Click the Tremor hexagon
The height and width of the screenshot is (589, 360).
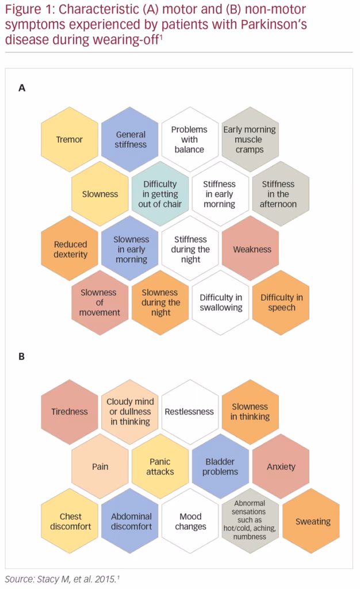[70, 139]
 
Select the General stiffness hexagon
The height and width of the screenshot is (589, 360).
[130, 139]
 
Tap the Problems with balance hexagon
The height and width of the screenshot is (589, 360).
[190, 139]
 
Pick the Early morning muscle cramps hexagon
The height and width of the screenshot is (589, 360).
[250, 139]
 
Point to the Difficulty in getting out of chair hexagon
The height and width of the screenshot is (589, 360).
[160, 194]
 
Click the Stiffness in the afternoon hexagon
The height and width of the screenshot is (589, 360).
[281, 194]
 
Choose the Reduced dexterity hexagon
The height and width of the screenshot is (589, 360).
[70, 248]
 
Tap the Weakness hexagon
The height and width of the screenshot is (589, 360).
[250, 248]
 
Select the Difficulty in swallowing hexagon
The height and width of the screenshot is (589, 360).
[220, 303]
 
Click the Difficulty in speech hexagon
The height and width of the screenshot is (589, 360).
[281, 303]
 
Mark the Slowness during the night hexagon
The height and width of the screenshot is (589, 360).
[160, 303]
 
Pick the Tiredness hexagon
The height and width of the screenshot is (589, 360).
[70, 412]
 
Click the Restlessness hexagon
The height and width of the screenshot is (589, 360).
[190, 412]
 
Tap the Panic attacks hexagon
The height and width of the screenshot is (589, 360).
[160, 466]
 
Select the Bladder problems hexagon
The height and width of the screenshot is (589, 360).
[220, 466]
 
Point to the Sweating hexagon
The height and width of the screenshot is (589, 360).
[311, 521]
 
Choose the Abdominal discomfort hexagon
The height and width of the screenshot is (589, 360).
[130, 521]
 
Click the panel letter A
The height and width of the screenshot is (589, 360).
[22, 88]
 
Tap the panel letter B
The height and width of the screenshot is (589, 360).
[22, 357]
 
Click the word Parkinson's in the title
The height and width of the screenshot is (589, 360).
[274, 24]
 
